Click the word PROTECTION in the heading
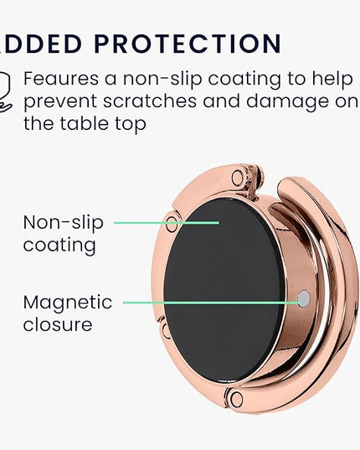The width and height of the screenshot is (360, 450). [x=188, y=44]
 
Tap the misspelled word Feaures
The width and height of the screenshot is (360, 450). [x=61, y=78]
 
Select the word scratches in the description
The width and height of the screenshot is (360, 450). [x=150, y=101]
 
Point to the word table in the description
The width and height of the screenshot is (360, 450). [x=85, y=123]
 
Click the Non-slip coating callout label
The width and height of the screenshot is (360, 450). [x=63, y=234]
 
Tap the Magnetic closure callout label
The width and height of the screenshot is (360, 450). [x=68, y=313]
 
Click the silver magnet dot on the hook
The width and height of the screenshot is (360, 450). [x=304, y=298]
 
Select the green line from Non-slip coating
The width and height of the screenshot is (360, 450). [x=167, y=222]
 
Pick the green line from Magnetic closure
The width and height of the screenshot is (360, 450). [x=211, y=303]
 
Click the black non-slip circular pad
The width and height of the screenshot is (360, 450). [x=224, y=290]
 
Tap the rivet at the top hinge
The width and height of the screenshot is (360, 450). [x=238, y=177]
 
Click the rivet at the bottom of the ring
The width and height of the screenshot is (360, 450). [x=236, y=399]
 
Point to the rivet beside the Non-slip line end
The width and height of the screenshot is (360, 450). [x=172, y=224]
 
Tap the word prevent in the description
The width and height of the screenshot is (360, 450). [x=60, y=102]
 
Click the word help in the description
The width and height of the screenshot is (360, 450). [x=332, y=79]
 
